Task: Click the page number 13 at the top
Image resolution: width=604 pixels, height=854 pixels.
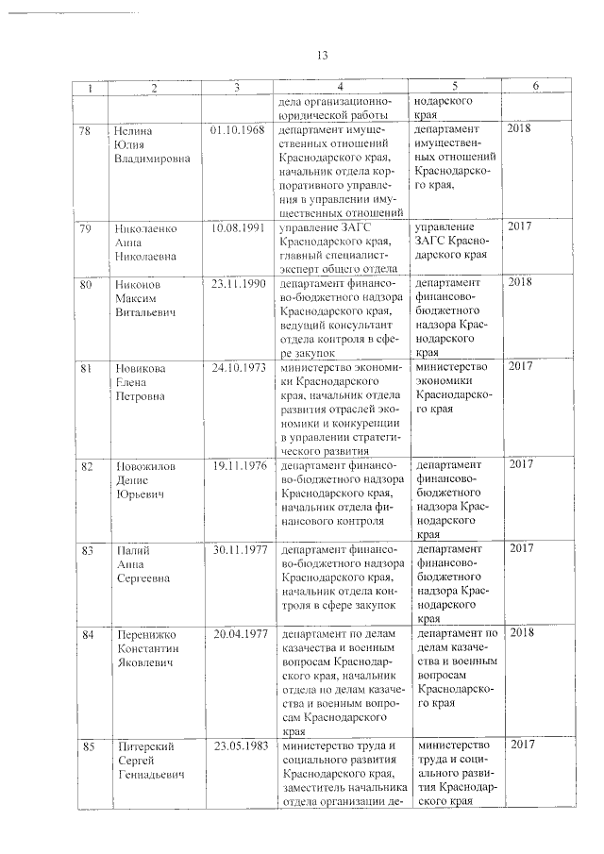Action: tap(321, 55)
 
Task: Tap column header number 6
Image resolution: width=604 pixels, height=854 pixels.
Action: tap(535, 87)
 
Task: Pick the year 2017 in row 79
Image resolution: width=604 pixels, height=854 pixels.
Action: tap(521, 227)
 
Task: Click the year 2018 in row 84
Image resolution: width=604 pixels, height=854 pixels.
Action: tap(521, 634)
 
